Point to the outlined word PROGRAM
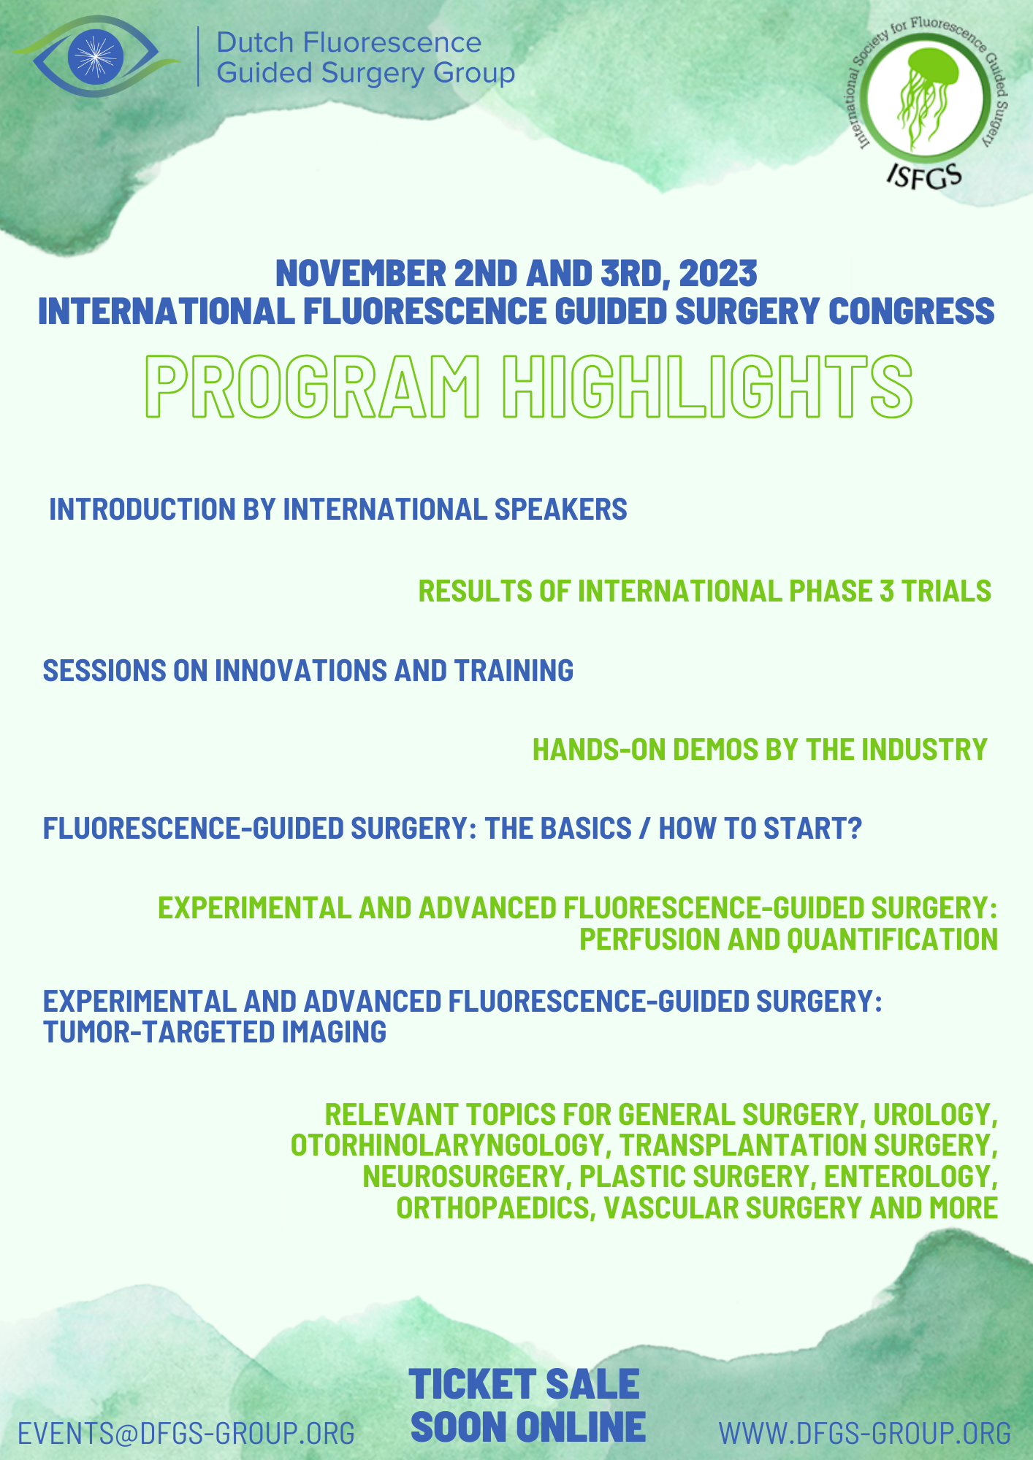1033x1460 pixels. click(x=313, y=387)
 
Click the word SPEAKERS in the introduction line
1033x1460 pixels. click(x=560, y=510)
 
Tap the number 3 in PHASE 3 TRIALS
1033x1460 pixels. click(x=887, y=591)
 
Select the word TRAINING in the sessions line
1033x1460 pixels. click(x=514, y=670)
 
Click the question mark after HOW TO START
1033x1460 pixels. click(x=855, y=829)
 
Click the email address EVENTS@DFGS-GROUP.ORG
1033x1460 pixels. click(x=186, y=1434)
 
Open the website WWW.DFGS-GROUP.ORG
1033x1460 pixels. click(x=865, y=1434)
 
